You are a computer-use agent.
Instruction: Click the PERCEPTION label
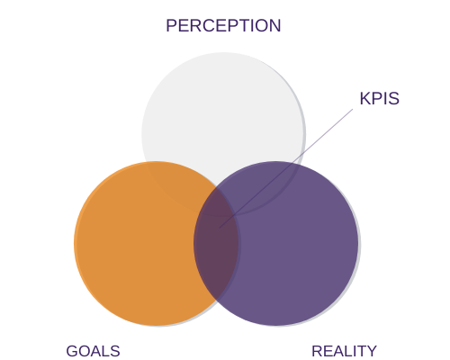click(223, 25)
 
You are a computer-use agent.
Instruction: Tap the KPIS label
click(380, 98)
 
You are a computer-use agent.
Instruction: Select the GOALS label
click(93, 351)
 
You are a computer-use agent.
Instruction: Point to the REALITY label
click(344, 351)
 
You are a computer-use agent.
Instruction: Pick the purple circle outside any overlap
click(300, 255)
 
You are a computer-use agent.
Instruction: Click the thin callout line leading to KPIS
click(286, 168)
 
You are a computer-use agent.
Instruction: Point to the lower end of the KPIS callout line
click(220, 228)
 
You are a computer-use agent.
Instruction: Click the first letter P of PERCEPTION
click(171, 25)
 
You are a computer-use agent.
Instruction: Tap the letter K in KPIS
click(364, 98)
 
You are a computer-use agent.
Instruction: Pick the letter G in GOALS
click(72, 351)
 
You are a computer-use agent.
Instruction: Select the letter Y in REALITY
click(371, 351)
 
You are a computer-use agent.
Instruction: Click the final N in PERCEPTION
click(275, 25)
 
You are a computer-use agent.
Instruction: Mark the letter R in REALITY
click(318, 351)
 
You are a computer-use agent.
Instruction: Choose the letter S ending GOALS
click(115, 351)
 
